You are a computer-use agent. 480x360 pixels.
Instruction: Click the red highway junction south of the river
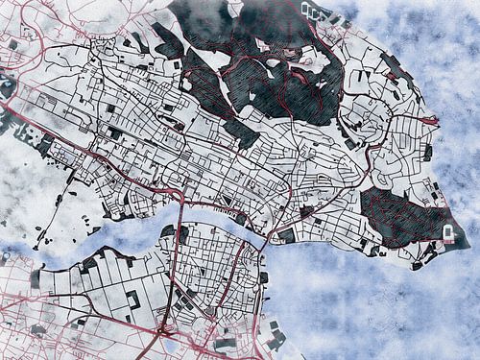(162, 331)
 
